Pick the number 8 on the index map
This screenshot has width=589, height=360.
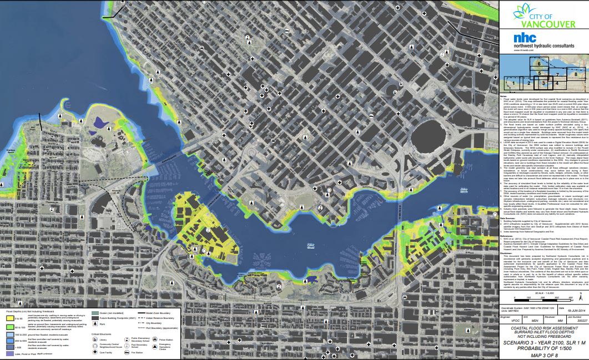tap(576, 74)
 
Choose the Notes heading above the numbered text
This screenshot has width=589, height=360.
tap(504, 95)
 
